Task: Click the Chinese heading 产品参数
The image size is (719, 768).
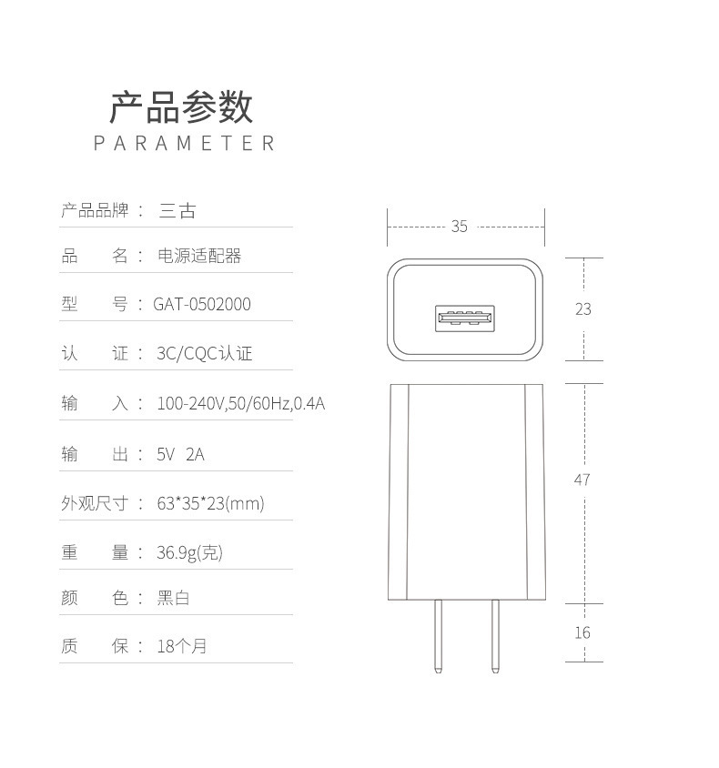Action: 182,107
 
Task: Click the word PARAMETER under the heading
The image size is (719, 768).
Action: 185,144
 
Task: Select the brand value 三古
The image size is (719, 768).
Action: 177,211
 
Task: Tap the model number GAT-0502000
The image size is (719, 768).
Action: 201,304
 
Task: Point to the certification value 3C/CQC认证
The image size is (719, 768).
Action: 204,353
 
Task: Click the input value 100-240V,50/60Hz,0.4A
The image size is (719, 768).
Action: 240,403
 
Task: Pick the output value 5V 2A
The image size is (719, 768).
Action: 180,453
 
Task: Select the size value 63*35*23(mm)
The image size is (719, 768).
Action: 210,503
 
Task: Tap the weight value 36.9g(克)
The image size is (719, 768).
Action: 189,551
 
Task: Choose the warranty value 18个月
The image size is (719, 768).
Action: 182,646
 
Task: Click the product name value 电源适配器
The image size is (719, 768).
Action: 200,256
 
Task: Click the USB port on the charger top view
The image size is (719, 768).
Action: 465,318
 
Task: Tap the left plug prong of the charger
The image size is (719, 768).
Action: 439,637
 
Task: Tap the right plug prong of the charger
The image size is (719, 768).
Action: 495,637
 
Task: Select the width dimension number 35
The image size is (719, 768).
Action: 459,226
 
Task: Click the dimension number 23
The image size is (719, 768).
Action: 582,309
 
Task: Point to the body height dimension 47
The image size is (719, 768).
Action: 582,480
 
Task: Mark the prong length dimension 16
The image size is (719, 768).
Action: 582,632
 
